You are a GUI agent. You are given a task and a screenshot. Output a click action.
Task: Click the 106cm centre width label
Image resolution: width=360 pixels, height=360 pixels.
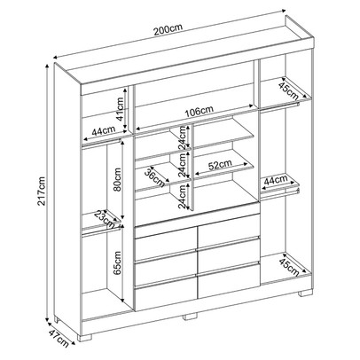click(195, 112)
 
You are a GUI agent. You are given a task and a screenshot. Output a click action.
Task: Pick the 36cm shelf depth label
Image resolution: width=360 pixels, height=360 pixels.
click(153, 176)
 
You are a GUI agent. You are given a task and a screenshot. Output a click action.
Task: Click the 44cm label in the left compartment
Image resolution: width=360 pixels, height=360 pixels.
click(102, 131)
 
